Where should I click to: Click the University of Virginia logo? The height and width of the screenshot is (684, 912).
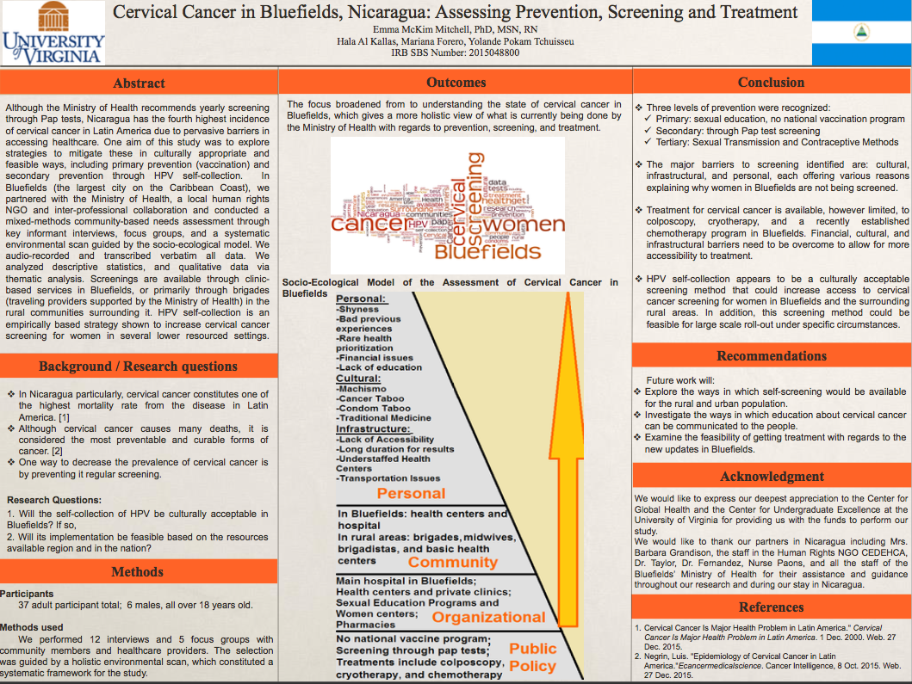pyautogui.click(x=53, y=34)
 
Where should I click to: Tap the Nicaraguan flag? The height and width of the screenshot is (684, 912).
pyautogui.click(x=860, y=33)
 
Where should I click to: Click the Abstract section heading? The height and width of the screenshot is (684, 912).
pyautogui.click(x=139, y=83)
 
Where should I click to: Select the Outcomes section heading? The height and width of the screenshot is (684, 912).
pyautogui.click(x=456, y=83)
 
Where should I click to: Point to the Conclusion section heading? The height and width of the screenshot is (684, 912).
pyautogui.click(x=771, y=83)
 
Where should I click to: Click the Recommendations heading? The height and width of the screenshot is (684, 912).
pyautogui.click(x=771, y=356)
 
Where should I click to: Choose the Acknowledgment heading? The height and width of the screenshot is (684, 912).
pyautogui.click(x=772, y=476)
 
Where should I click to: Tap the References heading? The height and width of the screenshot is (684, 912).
pyautogui.click(x=771, y=607)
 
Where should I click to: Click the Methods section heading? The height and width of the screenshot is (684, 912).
pyautogui.click(x=138, y=571)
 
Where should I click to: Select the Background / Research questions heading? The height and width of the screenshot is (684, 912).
pyautogui.click(x=138, y=367)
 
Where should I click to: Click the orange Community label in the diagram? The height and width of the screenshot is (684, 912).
pyautogui.click(x=453, y=562)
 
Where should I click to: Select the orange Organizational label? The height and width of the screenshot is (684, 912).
pyautogui.click(x=488, y=617)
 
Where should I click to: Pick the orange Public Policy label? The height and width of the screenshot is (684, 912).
pyautogui.click(x=532, y=657)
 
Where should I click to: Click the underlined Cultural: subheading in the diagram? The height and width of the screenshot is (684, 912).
pyautogui.click(x=358, y=379)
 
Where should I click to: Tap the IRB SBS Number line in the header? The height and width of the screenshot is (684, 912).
pyautogui.click(x=456, y=52)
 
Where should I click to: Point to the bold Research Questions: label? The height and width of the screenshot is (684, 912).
pyautogui.click(x=53, y=500)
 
